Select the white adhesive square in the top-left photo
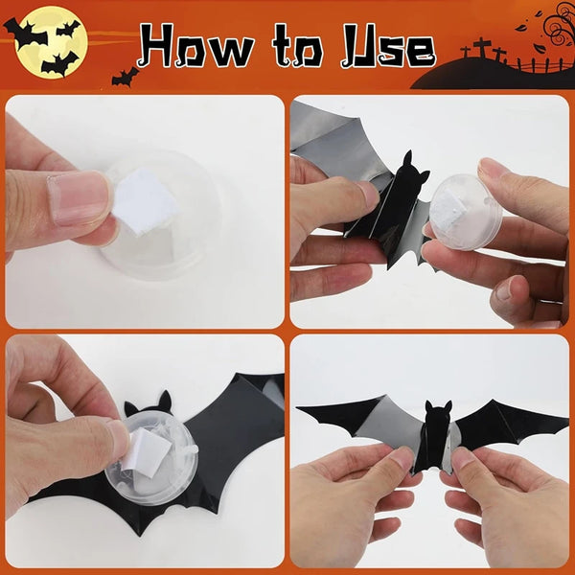pyautogui.click(x=143, y=204)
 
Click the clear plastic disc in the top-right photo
pyautogui.click(x=467, y=212)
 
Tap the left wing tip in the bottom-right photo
pyautogui.click(x=300, y=410)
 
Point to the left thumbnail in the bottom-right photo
pyautogui.click(x=399, y=462)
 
